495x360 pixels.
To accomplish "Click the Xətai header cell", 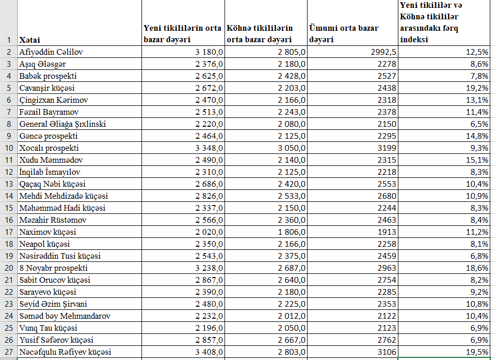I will [x=30, y=40].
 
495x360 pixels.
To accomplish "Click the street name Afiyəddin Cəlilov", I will [x=51, y=52].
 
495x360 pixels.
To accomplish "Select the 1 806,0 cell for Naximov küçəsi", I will [x=288, y=232].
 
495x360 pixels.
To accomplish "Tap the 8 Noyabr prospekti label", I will [x=53, y=268].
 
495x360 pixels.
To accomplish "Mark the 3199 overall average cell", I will [x=385, y=148].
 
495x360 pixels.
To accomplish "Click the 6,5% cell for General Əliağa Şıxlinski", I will [x=479, y=124].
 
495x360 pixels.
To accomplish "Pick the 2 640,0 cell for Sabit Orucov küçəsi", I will [x=288, y=280].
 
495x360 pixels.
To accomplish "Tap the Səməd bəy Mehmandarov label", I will [x=65, y=316].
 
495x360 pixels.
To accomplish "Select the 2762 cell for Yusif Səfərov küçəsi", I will [x=385, y=340].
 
